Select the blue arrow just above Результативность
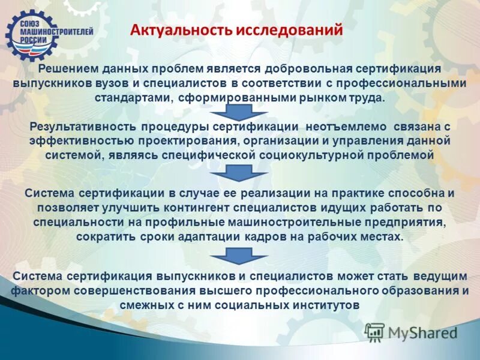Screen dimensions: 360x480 coord(239,112)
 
